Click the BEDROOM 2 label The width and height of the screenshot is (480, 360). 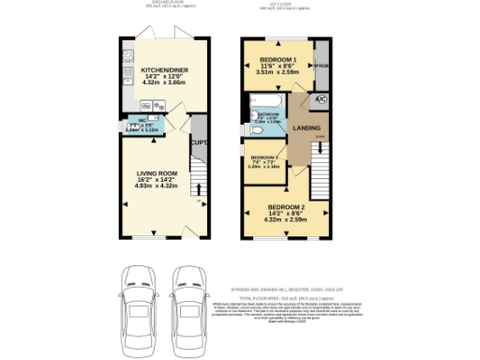point(286,208)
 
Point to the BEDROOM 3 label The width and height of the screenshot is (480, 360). point(263,157)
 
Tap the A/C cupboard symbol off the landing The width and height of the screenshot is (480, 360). point(322,99)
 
